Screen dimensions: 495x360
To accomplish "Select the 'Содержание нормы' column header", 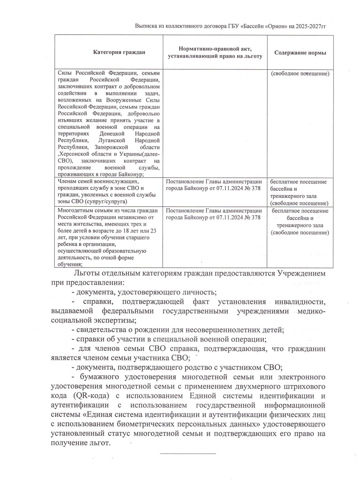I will point(300,53).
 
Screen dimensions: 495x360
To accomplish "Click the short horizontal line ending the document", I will point(188,454).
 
